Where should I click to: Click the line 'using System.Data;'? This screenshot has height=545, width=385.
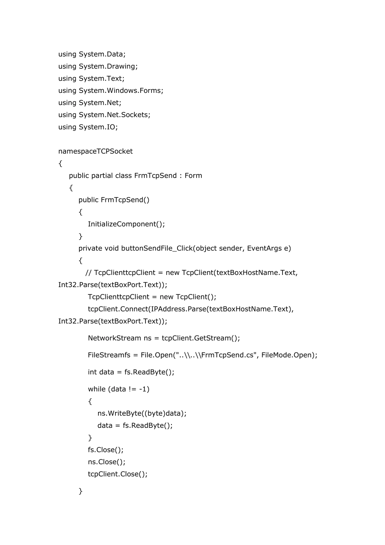[92, 54]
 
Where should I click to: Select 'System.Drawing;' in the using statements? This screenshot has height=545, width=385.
[108, 67]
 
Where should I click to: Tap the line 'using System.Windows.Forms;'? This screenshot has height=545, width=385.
[111, 91]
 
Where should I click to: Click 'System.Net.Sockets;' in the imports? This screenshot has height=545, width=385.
[114, 115]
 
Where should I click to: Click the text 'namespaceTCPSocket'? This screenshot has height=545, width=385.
[95, 152]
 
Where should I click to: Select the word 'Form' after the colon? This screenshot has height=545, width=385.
[193, 176]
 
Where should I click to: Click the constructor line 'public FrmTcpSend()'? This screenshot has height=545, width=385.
[114, 200]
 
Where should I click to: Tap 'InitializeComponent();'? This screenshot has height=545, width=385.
[126, 224]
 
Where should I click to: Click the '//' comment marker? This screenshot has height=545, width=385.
[88, 273]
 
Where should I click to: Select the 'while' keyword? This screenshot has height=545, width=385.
[96, 389]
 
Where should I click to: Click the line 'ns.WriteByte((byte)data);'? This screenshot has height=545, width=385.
[142, 414]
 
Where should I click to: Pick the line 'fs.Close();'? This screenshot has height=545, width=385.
[105, 450]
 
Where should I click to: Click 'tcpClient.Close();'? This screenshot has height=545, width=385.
[118, 474]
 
